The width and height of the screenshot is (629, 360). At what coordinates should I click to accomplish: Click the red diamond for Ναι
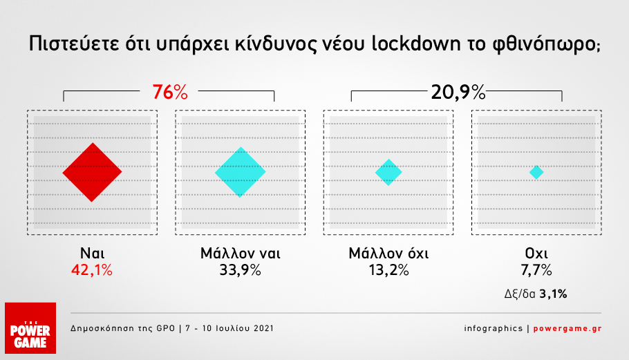(92, 172)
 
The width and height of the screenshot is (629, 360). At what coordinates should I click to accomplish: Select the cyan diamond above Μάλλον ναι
(241, 172)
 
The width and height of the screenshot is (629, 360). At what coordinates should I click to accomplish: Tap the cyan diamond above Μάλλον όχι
(388, 172)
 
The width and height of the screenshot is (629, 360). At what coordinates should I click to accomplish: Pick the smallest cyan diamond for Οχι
(536, 172)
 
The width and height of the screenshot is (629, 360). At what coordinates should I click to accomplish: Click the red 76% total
(170, 92)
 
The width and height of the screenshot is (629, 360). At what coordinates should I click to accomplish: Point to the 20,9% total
(458, 92)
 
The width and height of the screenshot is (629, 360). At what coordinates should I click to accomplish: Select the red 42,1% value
(92, 270)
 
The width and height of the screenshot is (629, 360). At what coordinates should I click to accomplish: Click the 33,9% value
(241, 270)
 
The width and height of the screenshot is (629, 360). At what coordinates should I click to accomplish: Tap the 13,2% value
(388, 270)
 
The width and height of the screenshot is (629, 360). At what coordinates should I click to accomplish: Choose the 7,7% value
(536, 270)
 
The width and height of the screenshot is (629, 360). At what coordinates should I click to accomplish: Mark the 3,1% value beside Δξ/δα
(553, 294)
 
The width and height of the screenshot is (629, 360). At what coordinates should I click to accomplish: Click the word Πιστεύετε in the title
(74, 44)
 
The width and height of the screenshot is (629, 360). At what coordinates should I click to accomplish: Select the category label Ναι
(92, 253)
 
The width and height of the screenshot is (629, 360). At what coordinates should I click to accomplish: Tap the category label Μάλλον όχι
(388, 253)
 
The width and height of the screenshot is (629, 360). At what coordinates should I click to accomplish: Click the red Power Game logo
(30, 328)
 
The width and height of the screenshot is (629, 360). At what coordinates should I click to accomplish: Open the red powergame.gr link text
(567, 329)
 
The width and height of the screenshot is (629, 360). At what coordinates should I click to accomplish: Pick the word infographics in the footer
(494, 329)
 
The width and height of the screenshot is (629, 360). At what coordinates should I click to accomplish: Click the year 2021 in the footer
(263, 328)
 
